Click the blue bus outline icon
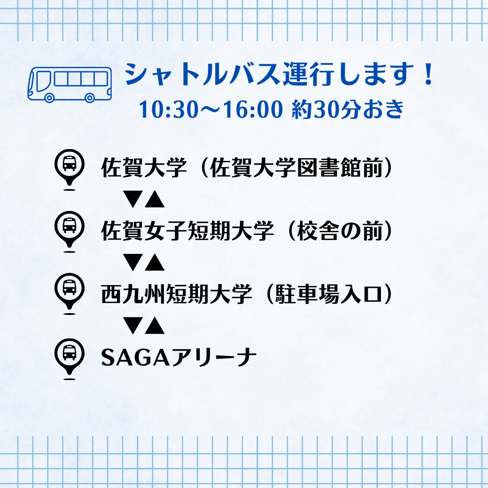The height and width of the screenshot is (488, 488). point(70,84)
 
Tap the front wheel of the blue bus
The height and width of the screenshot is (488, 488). point(49,98)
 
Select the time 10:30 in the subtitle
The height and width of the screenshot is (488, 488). point(169,109)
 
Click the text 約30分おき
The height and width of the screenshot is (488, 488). point(347,109)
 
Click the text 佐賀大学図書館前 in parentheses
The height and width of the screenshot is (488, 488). point(296,168)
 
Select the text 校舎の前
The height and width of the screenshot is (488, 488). point(339,231)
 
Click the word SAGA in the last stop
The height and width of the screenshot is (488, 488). point(136,357)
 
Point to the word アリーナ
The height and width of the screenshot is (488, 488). point(213,357)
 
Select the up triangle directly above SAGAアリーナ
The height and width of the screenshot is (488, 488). point(155,325)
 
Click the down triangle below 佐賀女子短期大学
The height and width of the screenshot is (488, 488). point(133,263)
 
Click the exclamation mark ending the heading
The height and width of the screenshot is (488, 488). point(428,74)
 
